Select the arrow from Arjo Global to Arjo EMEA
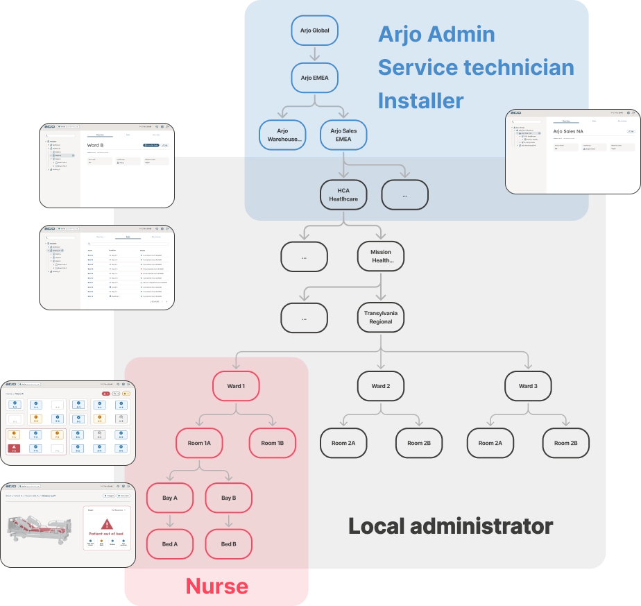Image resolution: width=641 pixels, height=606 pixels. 314,54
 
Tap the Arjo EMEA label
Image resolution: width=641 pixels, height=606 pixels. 314,78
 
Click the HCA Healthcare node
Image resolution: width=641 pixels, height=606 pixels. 343,194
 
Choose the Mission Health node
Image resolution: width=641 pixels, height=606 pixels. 381,256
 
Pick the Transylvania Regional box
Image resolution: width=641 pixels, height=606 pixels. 381,317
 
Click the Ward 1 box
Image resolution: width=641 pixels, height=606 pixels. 235,386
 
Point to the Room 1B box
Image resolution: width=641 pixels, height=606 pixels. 273,443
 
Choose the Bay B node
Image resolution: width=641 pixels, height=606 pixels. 228,498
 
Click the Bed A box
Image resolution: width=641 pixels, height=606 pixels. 170,544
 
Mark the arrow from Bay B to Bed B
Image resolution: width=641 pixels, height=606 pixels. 228,521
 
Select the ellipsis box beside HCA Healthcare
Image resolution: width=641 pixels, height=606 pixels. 404,195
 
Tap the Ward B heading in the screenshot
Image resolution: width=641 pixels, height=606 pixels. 96,145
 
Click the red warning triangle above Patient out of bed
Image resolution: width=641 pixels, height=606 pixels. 106,524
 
